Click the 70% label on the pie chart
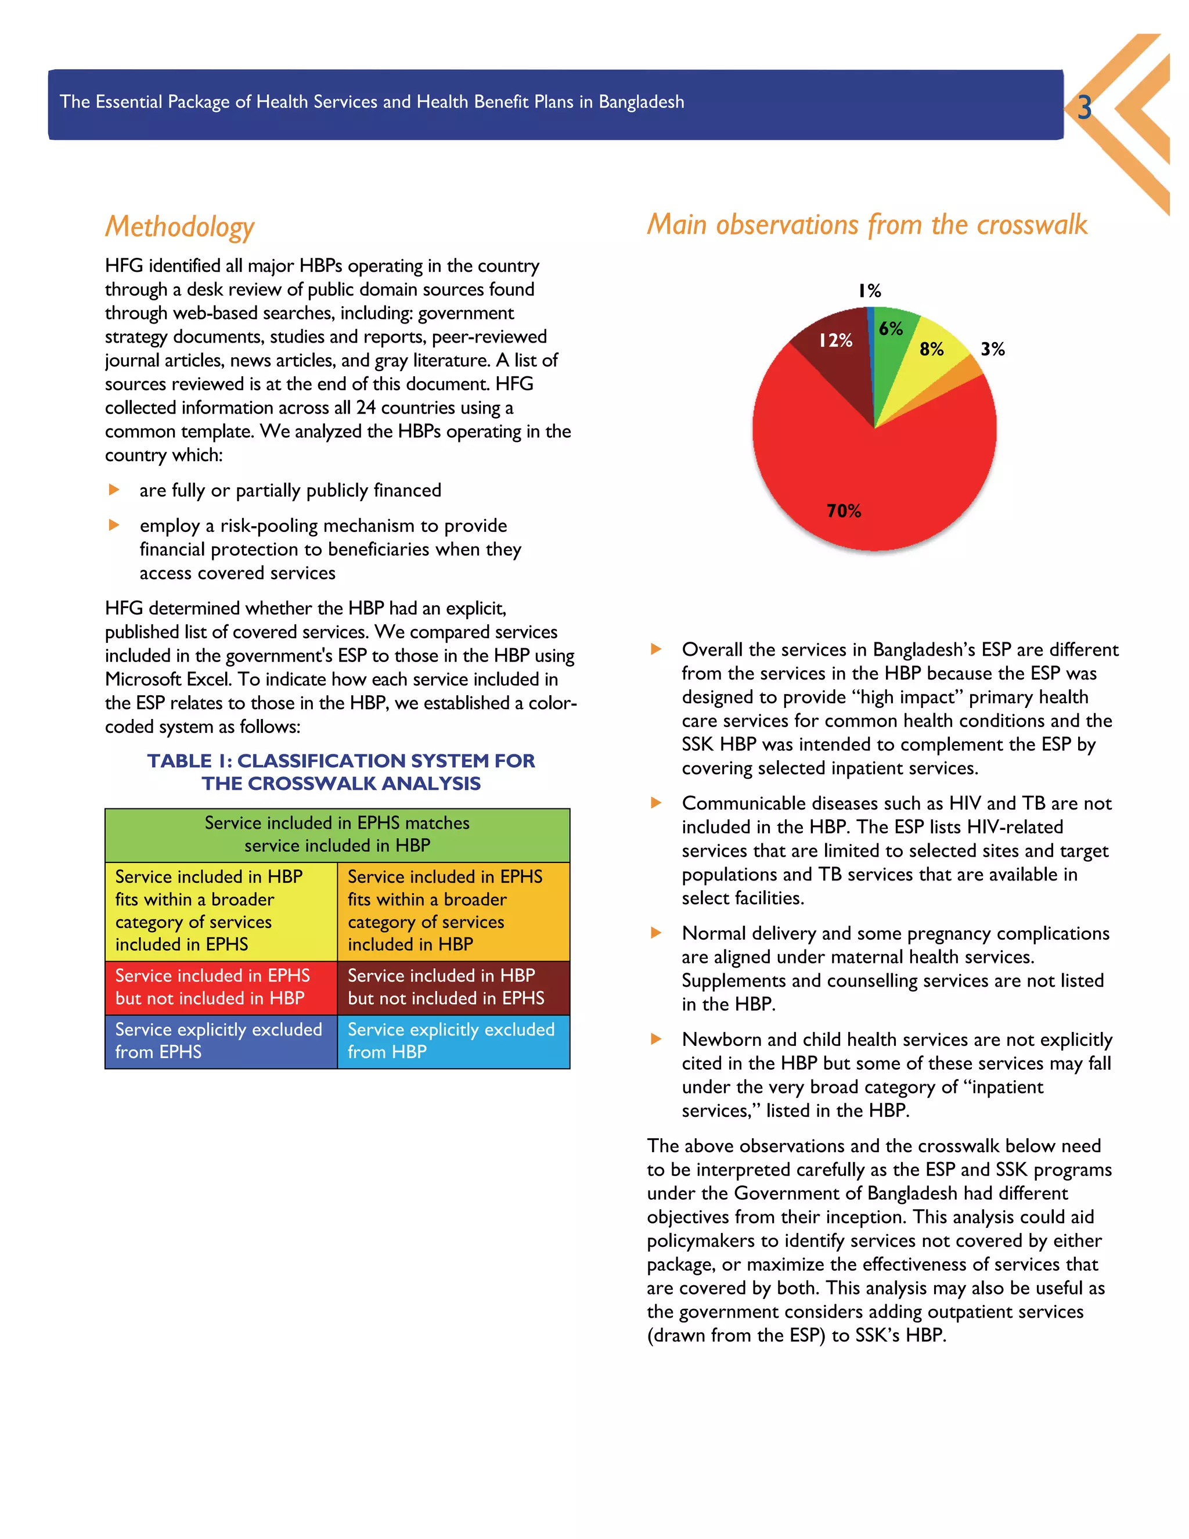(x=843, y=511)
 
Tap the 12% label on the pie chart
(x=835, y=340)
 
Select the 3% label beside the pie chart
(x=992, y=349)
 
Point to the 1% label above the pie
(x=869, y=290)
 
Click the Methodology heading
(x=179, y=227)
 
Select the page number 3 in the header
(x=1084, y=107)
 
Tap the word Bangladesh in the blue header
(x=641, y=102)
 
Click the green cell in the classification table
(x=337, y=835)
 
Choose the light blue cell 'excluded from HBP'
(x=453, y=1041)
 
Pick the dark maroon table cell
(x=453, y=987)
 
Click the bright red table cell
(x=221, y=987)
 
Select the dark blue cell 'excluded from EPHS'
(x=221, y=1041)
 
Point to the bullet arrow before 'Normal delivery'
(x=656, y=933)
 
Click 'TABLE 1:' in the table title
(x=189, y=761)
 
